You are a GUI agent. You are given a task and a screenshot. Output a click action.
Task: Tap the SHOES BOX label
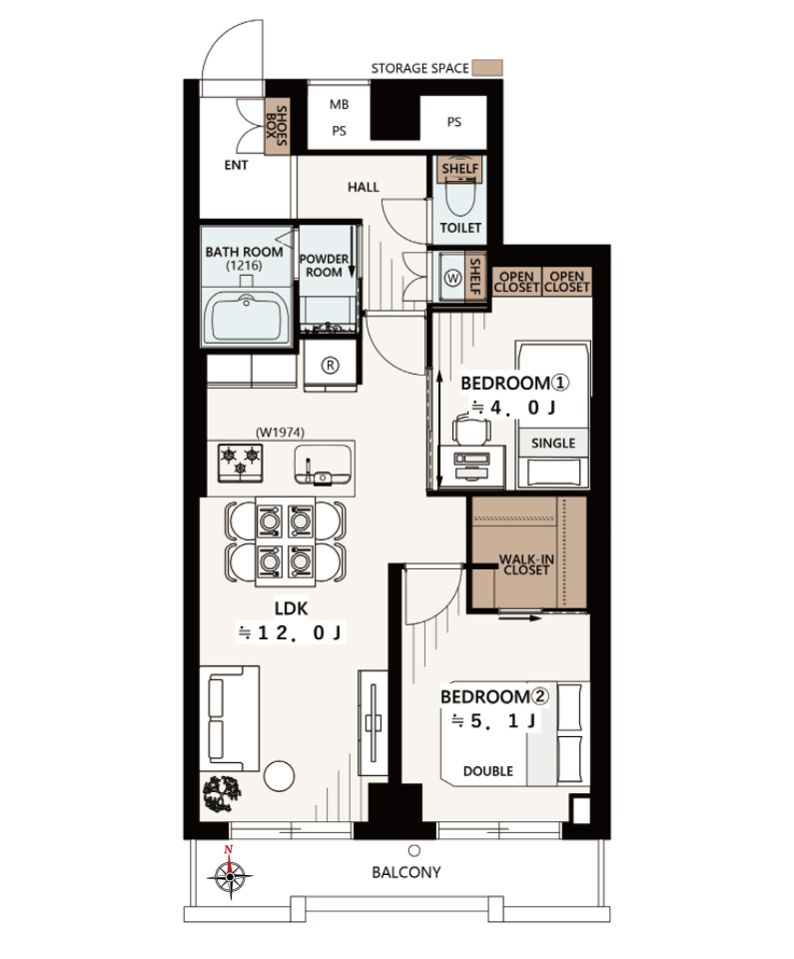coord(277,126)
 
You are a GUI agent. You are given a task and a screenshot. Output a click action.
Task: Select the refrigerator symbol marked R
coord(331,366)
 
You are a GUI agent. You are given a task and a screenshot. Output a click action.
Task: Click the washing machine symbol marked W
coord(452,279)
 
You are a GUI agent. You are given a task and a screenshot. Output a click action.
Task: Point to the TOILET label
coord(460,228)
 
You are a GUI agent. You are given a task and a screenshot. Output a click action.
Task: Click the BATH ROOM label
coord(244,252)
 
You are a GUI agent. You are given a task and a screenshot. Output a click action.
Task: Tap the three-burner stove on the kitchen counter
coord(241,463)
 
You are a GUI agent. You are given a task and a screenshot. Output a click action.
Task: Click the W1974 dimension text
coord(281,433)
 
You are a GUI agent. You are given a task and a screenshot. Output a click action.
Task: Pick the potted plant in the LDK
coord(222,794)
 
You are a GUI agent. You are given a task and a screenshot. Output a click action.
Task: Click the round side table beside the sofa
coord(279,776)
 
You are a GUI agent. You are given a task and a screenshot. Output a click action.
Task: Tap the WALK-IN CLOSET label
coord(526,564)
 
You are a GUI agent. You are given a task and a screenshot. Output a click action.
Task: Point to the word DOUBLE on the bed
coord(488,771)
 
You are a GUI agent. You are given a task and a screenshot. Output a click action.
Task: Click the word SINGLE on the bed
coord(553,443)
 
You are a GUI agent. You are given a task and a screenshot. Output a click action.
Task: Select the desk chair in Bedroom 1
coord(471,430)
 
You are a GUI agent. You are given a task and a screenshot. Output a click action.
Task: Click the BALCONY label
coord(406,872)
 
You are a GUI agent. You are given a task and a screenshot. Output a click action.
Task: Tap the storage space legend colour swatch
coord(487,68)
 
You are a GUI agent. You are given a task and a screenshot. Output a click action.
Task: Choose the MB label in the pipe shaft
coord(339,105)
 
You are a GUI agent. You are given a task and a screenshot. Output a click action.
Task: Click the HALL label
coord(364,187)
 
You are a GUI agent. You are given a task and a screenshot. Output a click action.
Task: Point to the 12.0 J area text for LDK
coord(291,632)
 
